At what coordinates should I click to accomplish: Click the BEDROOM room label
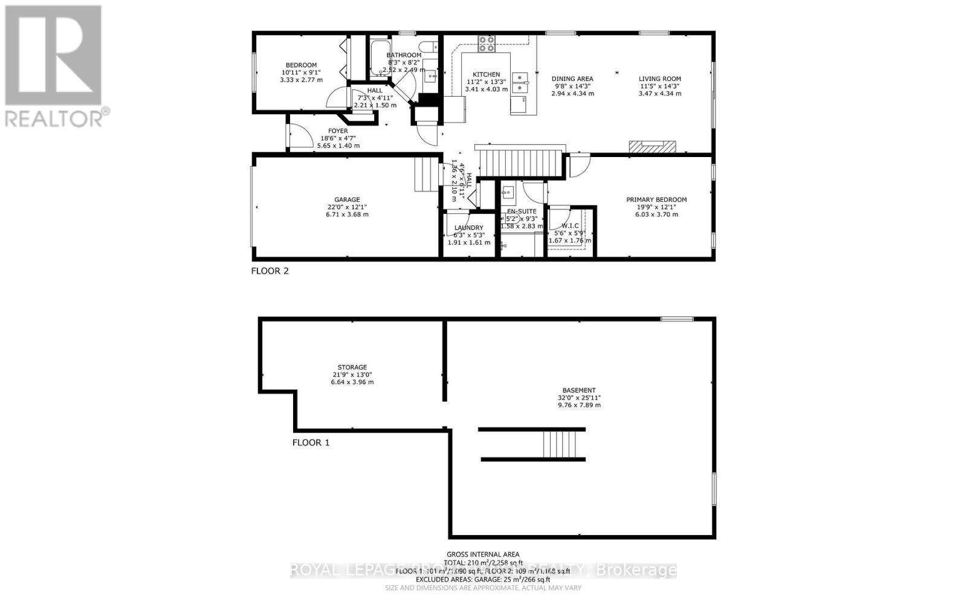[x=301, y=65]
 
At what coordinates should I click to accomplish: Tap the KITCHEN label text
[x=487, y=74]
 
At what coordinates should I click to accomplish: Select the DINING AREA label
[x=572, y=79]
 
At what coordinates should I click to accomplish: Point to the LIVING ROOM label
[x=660, y=79]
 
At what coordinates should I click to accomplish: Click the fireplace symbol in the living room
[x=652, y=146]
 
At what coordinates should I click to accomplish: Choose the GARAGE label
[x=347, y=200]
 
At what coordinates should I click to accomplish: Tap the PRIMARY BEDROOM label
[x=656, y=200]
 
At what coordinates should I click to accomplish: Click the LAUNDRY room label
[x=468, y=228]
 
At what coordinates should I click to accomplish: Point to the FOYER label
[x=338, y=131]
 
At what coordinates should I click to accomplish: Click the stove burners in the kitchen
[x=487, y=42]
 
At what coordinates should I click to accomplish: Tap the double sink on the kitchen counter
[x=519, y=83]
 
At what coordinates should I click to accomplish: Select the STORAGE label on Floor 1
[x=352, y=367]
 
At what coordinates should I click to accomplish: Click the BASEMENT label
[x=579, y=390]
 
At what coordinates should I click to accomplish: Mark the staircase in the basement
[x=564, y=445]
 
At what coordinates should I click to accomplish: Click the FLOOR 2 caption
[x=270, y=271]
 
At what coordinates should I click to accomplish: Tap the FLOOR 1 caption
[x=311, y=443]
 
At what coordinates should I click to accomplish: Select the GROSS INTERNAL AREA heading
[x=483, y=554]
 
